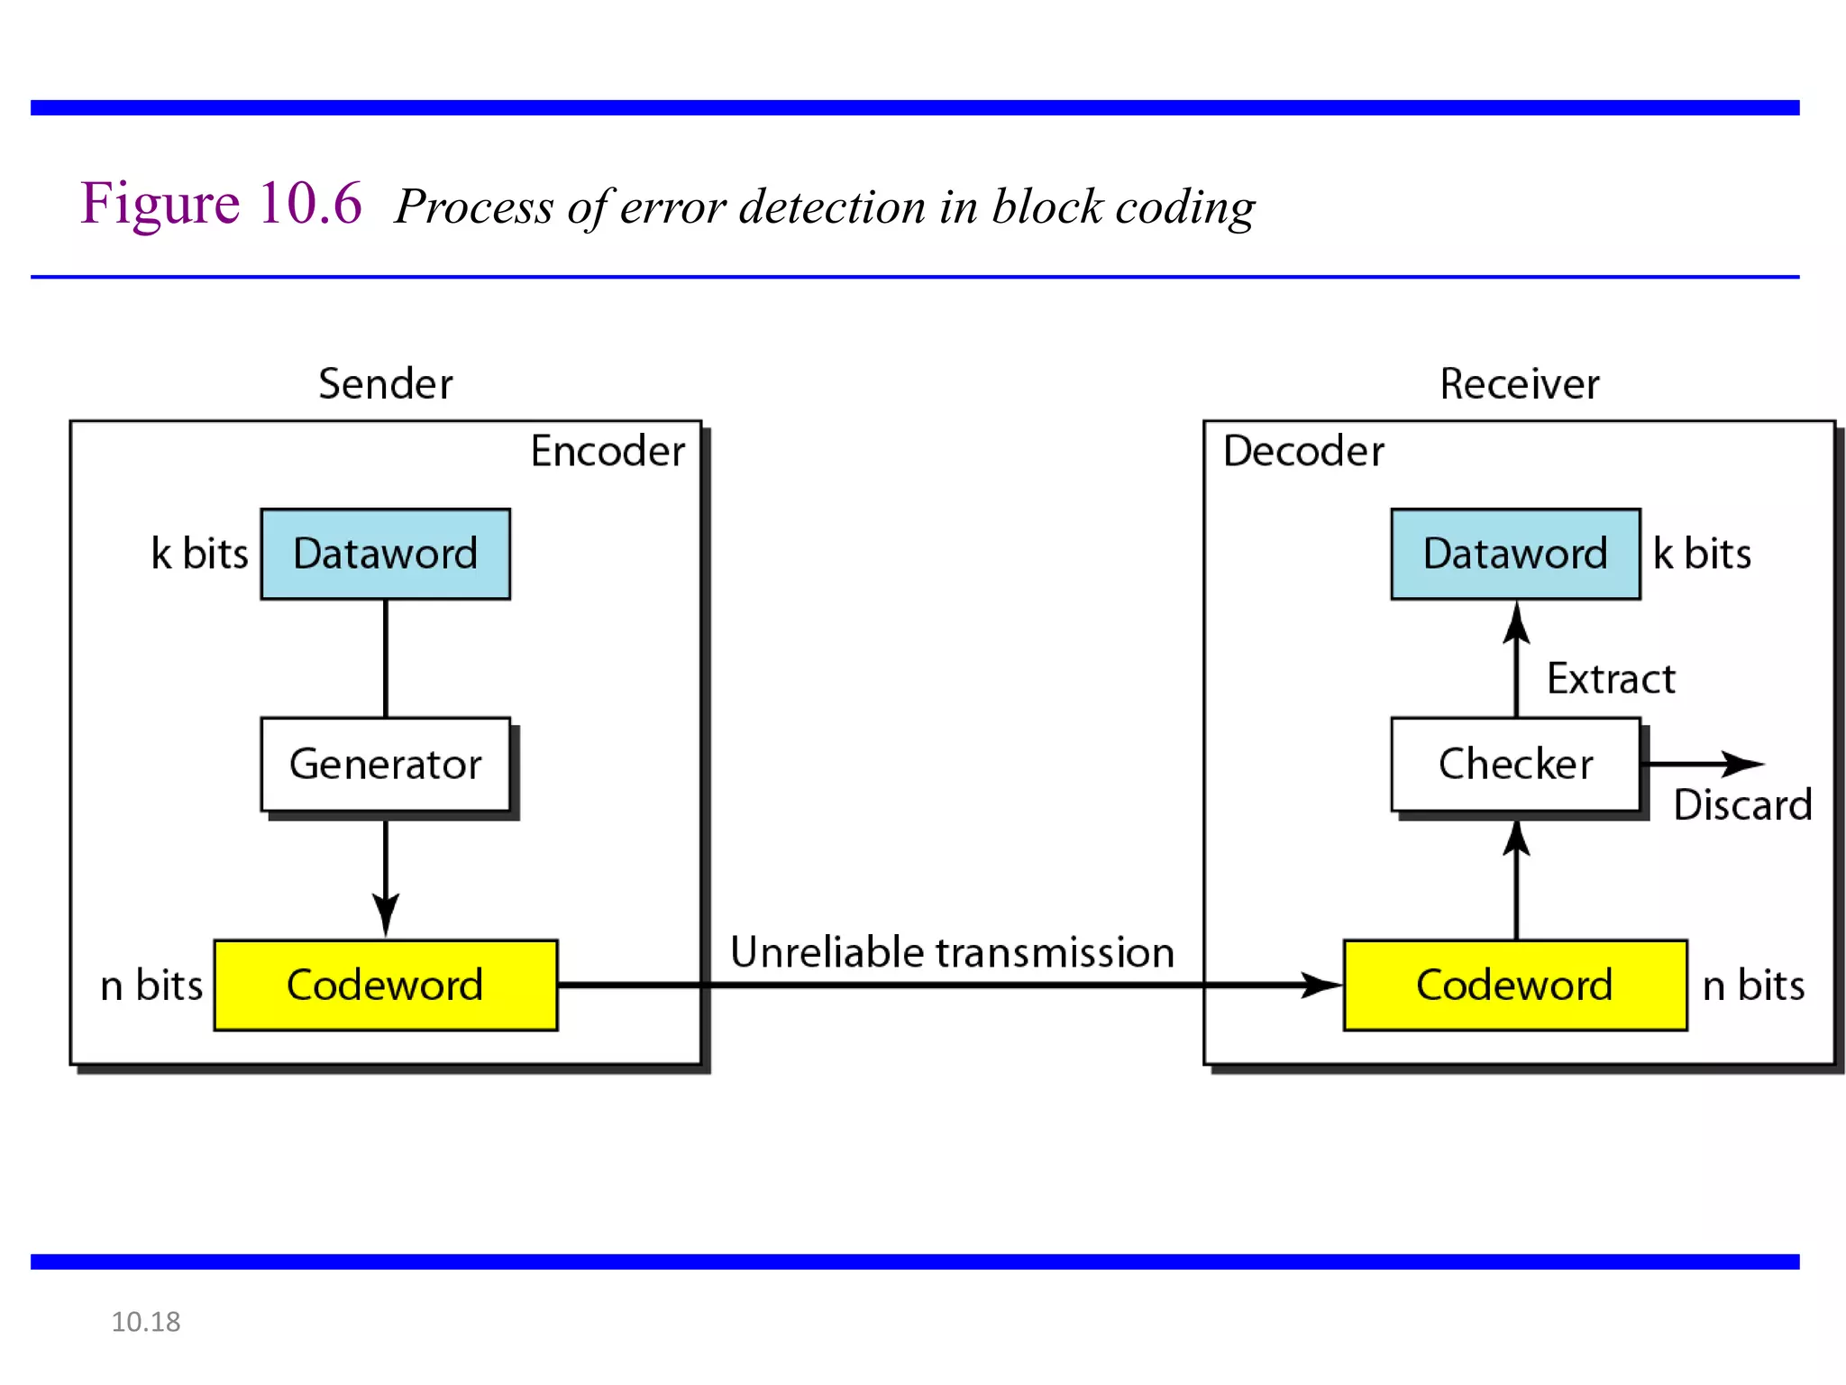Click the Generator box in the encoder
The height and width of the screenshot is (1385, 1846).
pos(385,764)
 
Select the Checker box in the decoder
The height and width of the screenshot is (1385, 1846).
pos(1515,764)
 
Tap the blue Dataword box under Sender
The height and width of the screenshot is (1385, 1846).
pos(385,554)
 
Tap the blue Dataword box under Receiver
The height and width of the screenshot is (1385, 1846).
pos(1515,554)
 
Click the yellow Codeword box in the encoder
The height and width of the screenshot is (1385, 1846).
pos(385,985)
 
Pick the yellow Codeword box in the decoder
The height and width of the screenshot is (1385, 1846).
pos(1515,985)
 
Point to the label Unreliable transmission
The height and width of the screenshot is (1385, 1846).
pos(952,952)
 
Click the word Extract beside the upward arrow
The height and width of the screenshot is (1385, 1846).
pos(1611,678)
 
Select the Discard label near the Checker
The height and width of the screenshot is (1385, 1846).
pos(1741,804)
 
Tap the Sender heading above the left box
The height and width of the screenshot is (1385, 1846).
pos(385,384)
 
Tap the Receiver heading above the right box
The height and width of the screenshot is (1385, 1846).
pos(1520,384)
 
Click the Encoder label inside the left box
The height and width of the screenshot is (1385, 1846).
pos(608,451)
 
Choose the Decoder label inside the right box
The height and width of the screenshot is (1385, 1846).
pos(1303,451)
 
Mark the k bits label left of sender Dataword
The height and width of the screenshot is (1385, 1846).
pos(199,554)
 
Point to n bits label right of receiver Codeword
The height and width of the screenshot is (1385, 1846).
pos(1753,985)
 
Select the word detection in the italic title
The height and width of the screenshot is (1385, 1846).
pos(832,207)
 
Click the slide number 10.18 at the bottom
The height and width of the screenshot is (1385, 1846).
pos(145,1322)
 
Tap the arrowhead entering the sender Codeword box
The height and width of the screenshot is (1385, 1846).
pos(386,916)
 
